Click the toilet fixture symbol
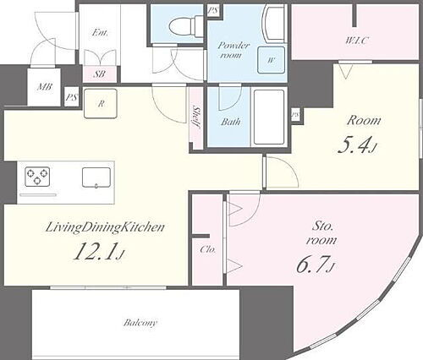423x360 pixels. point(186,26)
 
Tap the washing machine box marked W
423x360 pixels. point(271,60)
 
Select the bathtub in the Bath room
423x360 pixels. point(269,117)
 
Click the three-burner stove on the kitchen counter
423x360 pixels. point(37,177)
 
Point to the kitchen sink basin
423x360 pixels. point(96,177)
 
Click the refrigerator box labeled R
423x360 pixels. point(101,103)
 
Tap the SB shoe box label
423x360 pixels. point(99,74)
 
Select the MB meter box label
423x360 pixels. point(45,87)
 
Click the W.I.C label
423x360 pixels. point(357,41)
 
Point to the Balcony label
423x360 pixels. point(140,323)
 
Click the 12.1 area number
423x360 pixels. point(98,252)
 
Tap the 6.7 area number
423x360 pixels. point(316,265)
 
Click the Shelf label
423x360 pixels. point(196,117)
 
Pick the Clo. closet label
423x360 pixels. point(208,249)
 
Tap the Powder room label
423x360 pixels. point(233,50)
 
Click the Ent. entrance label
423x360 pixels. point(100,33)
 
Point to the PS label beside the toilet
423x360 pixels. point(213,11)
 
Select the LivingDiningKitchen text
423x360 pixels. point(105,227)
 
